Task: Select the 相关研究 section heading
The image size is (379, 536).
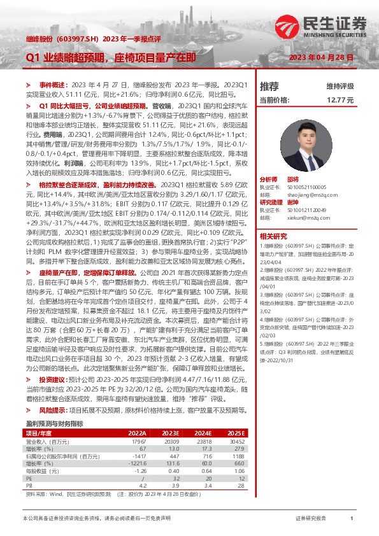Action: pyautogui.click(x=273, y=236)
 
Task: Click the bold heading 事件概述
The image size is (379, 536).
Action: pyautogui.click(x=53, y=85)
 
